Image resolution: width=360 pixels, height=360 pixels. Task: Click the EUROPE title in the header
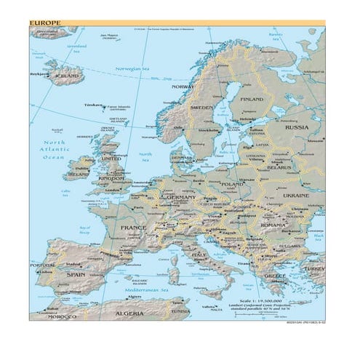coord(45,23)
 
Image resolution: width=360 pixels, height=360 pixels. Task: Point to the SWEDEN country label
coord(201,108)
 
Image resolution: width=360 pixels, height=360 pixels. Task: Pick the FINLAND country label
coord(252,99)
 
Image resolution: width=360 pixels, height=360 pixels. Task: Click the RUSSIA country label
coord(296,127)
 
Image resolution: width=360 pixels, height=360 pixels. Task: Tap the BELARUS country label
coord(279,167)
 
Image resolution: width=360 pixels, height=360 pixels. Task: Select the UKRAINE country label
coord(296,195)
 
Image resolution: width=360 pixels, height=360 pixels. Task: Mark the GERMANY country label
coord(181,197)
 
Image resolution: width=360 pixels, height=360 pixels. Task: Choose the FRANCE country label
coord(133,228)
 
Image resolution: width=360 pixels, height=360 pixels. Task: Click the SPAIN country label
coord(76,275)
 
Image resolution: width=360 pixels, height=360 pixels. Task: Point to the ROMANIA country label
coord(273,225)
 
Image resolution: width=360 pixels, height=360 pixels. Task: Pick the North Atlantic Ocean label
coord(54,150)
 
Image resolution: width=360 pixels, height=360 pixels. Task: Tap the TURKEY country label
coord(314,268)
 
